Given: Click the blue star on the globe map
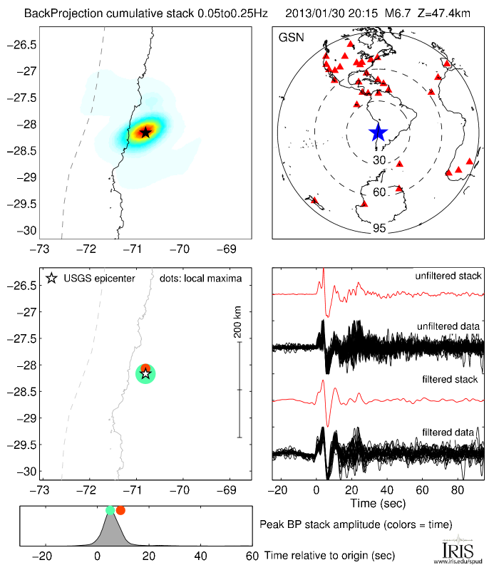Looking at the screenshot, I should (378, 132).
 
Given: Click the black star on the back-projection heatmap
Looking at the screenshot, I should (145, 132).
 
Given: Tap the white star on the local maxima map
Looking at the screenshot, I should (145, 373).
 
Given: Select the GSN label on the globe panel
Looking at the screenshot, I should (292, 36).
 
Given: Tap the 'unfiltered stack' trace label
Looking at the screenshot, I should (448, 276).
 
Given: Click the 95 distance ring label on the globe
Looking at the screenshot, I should (379, 228).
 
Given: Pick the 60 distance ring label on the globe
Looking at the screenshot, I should (379, 192).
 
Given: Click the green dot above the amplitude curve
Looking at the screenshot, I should (110, 510).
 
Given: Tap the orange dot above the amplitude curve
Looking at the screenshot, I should (120, 510).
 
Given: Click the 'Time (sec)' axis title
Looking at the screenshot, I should (379, 504).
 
